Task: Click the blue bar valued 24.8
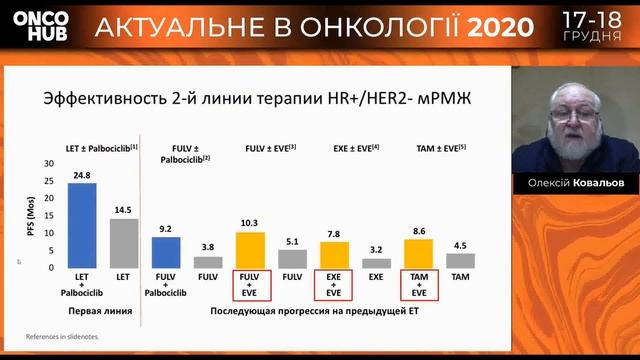point(82,225)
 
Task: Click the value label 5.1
point(292,241)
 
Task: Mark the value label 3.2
point(376,251)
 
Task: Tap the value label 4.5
point(460,246)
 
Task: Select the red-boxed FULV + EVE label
point(249,285)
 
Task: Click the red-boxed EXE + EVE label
point(334,285)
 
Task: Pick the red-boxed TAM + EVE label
point(417,285)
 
